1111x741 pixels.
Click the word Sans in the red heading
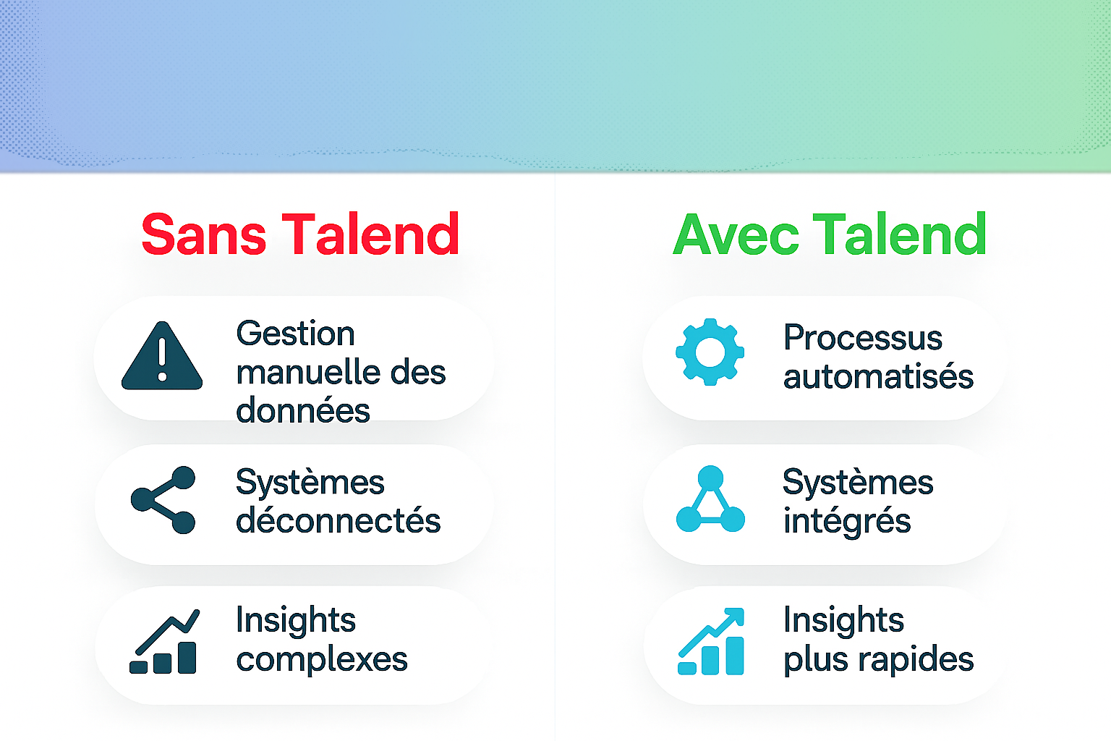(x=203, y=235)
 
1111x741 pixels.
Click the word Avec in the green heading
(x=736, y=235)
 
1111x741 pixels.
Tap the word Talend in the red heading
(x=370, y=235)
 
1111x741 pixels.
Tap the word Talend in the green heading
(x=901, y=235)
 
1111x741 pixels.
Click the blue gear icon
(x=710, y=352)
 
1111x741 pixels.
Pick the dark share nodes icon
(x=163, y=500)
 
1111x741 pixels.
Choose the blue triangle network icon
(x=710, y=500)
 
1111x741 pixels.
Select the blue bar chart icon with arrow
(x=711, y=642)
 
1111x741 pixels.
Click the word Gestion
(x=295, y=334)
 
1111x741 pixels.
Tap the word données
(x=302, y=411)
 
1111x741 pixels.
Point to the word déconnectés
(x=338, y=521)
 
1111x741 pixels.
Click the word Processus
(x=863, y=338)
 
